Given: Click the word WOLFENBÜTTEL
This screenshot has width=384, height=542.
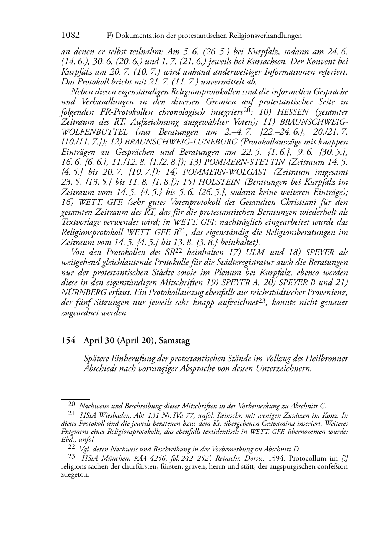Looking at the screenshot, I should click(x=94, y=132).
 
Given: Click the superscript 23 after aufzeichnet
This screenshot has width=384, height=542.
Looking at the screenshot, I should click(x=262, y=301).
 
